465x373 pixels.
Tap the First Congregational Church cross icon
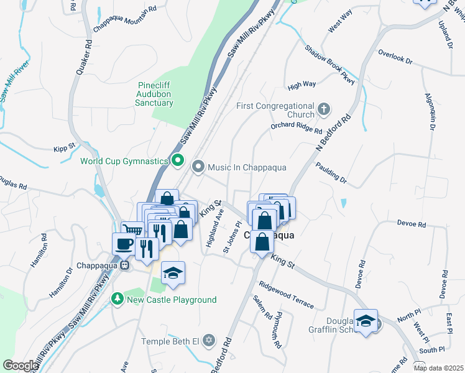(323, 110)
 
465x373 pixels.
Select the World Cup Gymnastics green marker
(177, 161)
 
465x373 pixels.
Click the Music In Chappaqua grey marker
(198, 167)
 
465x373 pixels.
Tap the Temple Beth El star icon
(208, 341)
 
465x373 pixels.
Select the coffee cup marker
(122, 243)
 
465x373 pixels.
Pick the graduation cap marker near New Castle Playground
(173, 273)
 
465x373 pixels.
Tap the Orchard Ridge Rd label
(296, 128)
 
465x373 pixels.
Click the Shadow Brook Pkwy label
(329, 65)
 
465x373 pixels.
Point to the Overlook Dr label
(395, 57)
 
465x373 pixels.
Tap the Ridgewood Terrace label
(287, 294)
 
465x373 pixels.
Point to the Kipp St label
(63, 147)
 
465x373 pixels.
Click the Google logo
(20, 365)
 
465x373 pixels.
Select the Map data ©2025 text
(438, 368)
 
